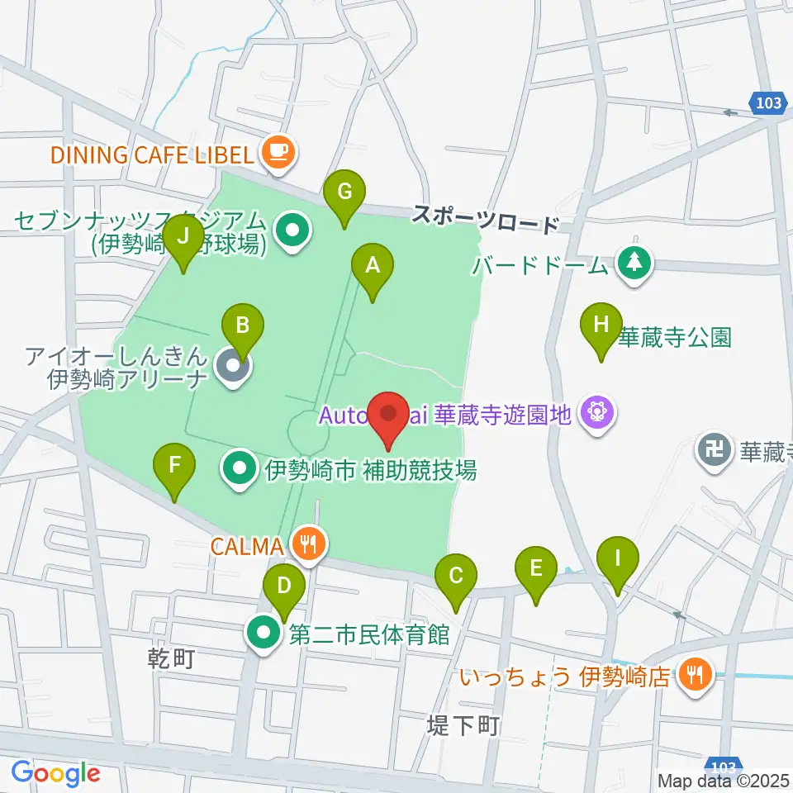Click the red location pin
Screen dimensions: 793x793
[x=390, y=413]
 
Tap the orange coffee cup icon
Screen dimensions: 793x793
[x=277, y=151]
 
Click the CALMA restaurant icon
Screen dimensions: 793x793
[x=310, y=544]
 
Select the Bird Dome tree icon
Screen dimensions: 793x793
[x=634, y=264]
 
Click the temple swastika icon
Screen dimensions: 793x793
[x=713, y=450]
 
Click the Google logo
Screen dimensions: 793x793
[x=55, y=773]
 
